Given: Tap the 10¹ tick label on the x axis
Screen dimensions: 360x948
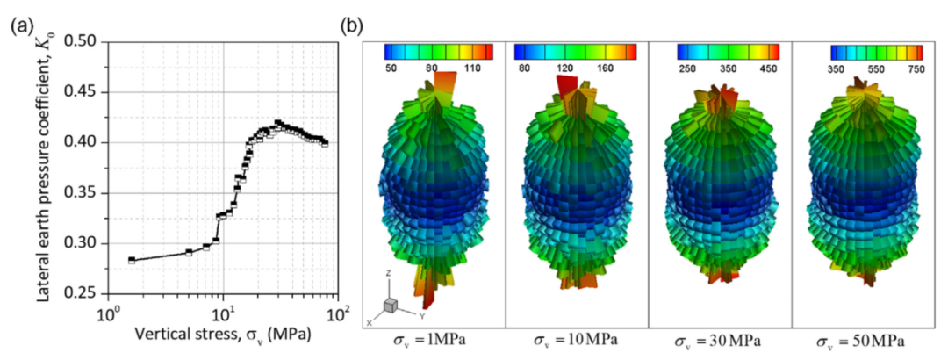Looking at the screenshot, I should click(x=224, y=313).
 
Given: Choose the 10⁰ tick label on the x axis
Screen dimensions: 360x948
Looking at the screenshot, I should click(x=107, y=313).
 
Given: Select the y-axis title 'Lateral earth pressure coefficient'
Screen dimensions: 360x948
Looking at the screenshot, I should click(x=45, y=167).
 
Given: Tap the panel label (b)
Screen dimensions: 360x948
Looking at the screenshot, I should click(x=352, y=25).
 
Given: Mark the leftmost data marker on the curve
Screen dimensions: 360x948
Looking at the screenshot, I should click(x=132, y=260).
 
